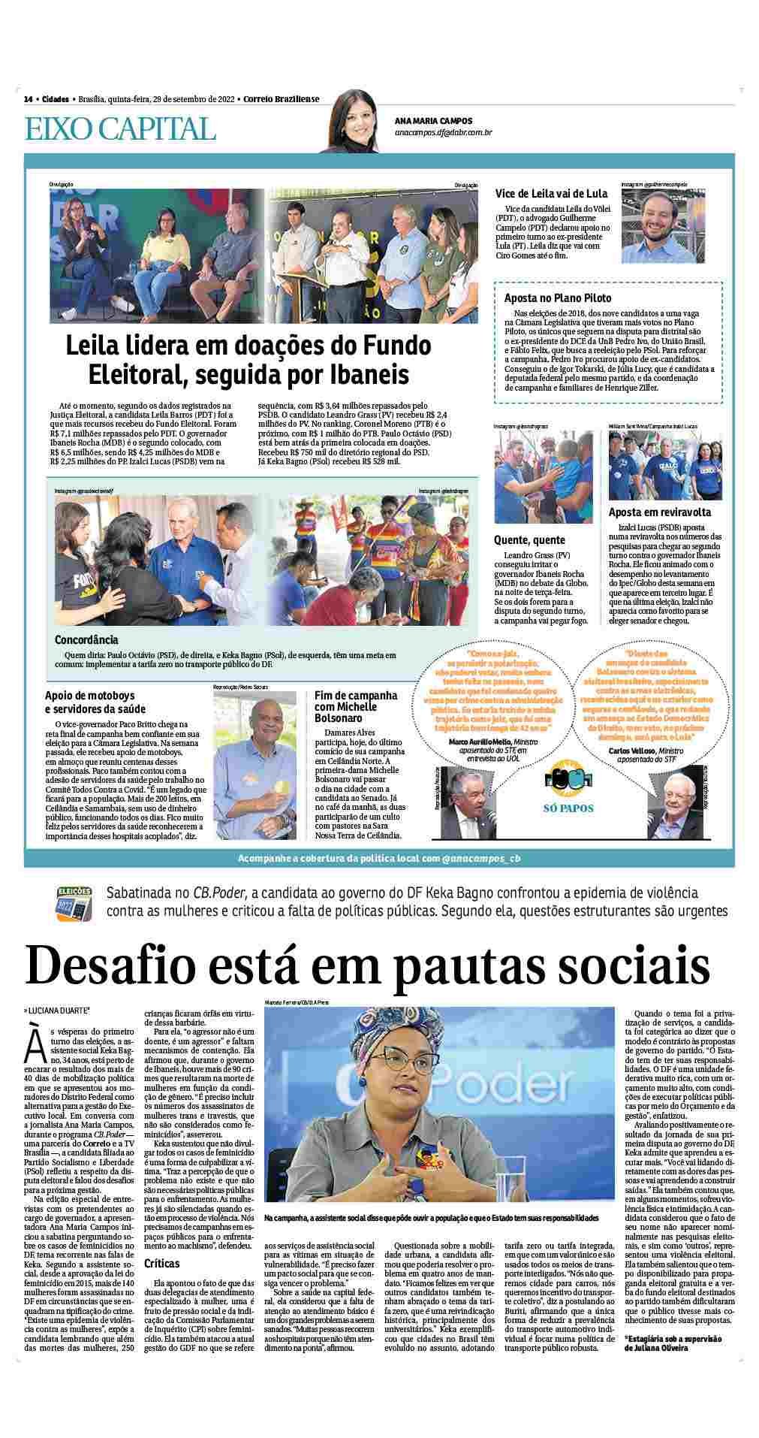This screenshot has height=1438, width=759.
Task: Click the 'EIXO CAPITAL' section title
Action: tap(120, 129)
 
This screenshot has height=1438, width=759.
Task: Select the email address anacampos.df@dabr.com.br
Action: tap(443, 133)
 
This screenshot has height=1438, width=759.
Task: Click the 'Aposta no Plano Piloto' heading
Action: tap(558, 298)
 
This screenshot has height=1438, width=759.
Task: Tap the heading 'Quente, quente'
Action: tap(529, 540)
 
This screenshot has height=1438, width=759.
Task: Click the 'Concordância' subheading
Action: tap(86, 640)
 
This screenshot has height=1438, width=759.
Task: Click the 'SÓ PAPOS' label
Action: tap(568, 808)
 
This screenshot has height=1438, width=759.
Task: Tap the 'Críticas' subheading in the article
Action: tap(161, 1264)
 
